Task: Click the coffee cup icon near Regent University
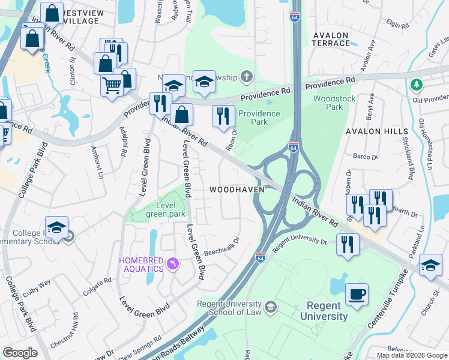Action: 357,294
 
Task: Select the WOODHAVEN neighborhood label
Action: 237,190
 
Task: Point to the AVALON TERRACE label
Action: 331,40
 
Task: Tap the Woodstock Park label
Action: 334,103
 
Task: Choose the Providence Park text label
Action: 259,118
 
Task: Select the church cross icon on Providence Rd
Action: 246,76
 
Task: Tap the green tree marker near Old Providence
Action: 415,86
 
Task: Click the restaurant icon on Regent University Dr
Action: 348,244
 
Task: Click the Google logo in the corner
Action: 20,353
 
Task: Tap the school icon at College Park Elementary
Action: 56,227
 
